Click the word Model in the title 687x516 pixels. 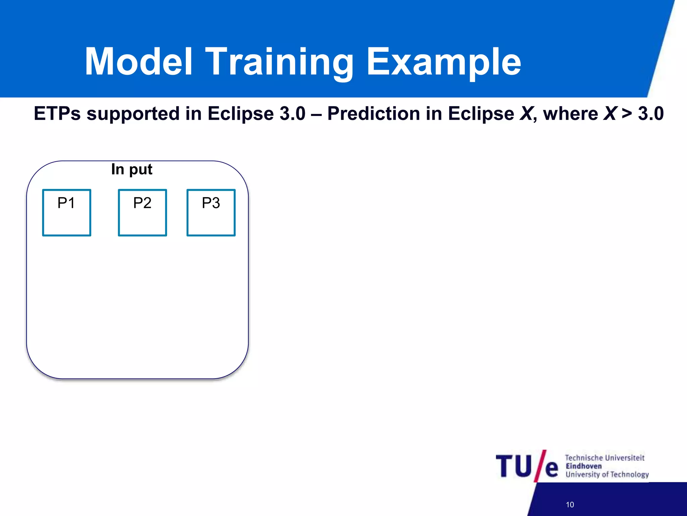click(x=139, y=62)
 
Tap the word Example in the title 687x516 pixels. click(x=443, y=62)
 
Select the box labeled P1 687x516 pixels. click(x=66, y=213)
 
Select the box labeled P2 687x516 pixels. click(x=142, y=213)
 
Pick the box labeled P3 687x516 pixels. click(x=211, y=213)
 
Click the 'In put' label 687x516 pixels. click(x=131, y=169)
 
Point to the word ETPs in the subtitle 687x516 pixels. click(x=57, y=114)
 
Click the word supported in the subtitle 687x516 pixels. click(x=133, y=114)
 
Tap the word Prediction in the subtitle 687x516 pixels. click(x=373, y=114)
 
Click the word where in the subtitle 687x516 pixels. click(x=570, y=114)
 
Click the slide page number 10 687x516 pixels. click(x=570, y=505)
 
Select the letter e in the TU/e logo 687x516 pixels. click(x=551, y=469)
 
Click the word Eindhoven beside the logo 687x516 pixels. click(x=584, y=466)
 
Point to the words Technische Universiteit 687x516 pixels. click(x=604, y=458)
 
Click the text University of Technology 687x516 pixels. click(x=607, y=474)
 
